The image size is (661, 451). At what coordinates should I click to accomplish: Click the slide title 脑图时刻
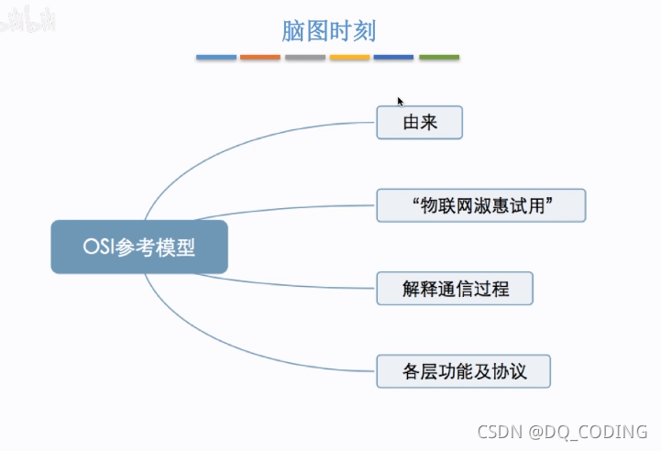coord(328,30)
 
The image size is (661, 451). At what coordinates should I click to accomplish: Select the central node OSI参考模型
coord(138,247)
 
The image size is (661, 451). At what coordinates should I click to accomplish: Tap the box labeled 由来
coord(419,123)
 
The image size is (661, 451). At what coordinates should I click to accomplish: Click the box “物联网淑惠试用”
coord(480,205)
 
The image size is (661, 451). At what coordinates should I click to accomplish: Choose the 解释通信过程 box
coord(455,289)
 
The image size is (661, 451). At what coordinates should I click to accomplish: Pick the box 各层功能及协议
coord(463,371)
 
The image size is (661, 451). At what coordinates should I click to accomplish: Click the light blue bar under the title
coord(216,58)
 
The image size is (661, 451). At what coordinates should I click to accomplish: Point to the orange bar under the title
coord(260,58)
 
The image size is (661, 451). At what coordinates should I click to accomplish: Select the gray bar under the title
coord(305,58)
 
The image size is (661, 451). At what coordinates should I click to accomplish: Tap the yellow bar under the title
coord(349,58)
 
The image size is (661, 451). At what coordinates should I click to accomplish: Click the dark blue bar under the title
coord(393,58)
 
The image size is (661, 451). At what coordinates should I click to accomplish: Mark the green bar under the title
coord(439,58)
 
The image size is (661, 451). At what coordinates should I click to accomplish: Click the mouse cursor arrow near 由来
coord(400,101)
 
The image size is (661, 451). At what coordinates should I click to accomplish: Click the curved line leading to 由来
coord(229,146)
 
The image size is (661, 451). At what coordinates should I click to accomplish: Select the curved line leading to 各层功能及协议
coord(229,344)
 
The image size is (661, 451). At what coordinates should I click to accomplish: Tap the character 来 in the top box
coord(429,123)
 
